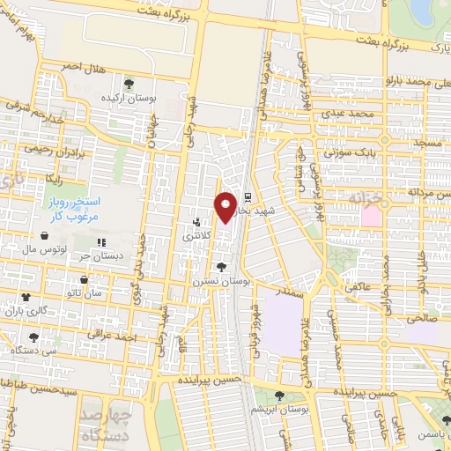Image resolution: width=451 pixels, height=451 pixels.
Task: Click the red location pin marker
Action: (226, 205)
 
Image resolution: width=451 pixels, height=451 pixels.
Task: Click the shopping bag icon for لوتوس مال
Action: (44, 236)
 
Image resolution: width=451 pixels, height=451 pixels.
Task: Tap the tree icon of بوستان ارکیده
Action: (129, 85)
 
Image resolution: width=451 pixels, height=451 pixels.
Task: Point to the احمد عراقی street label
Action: (114, 336)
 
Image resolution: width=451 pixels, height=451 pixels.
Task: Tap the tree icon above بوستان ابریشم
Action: (279, 396)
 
